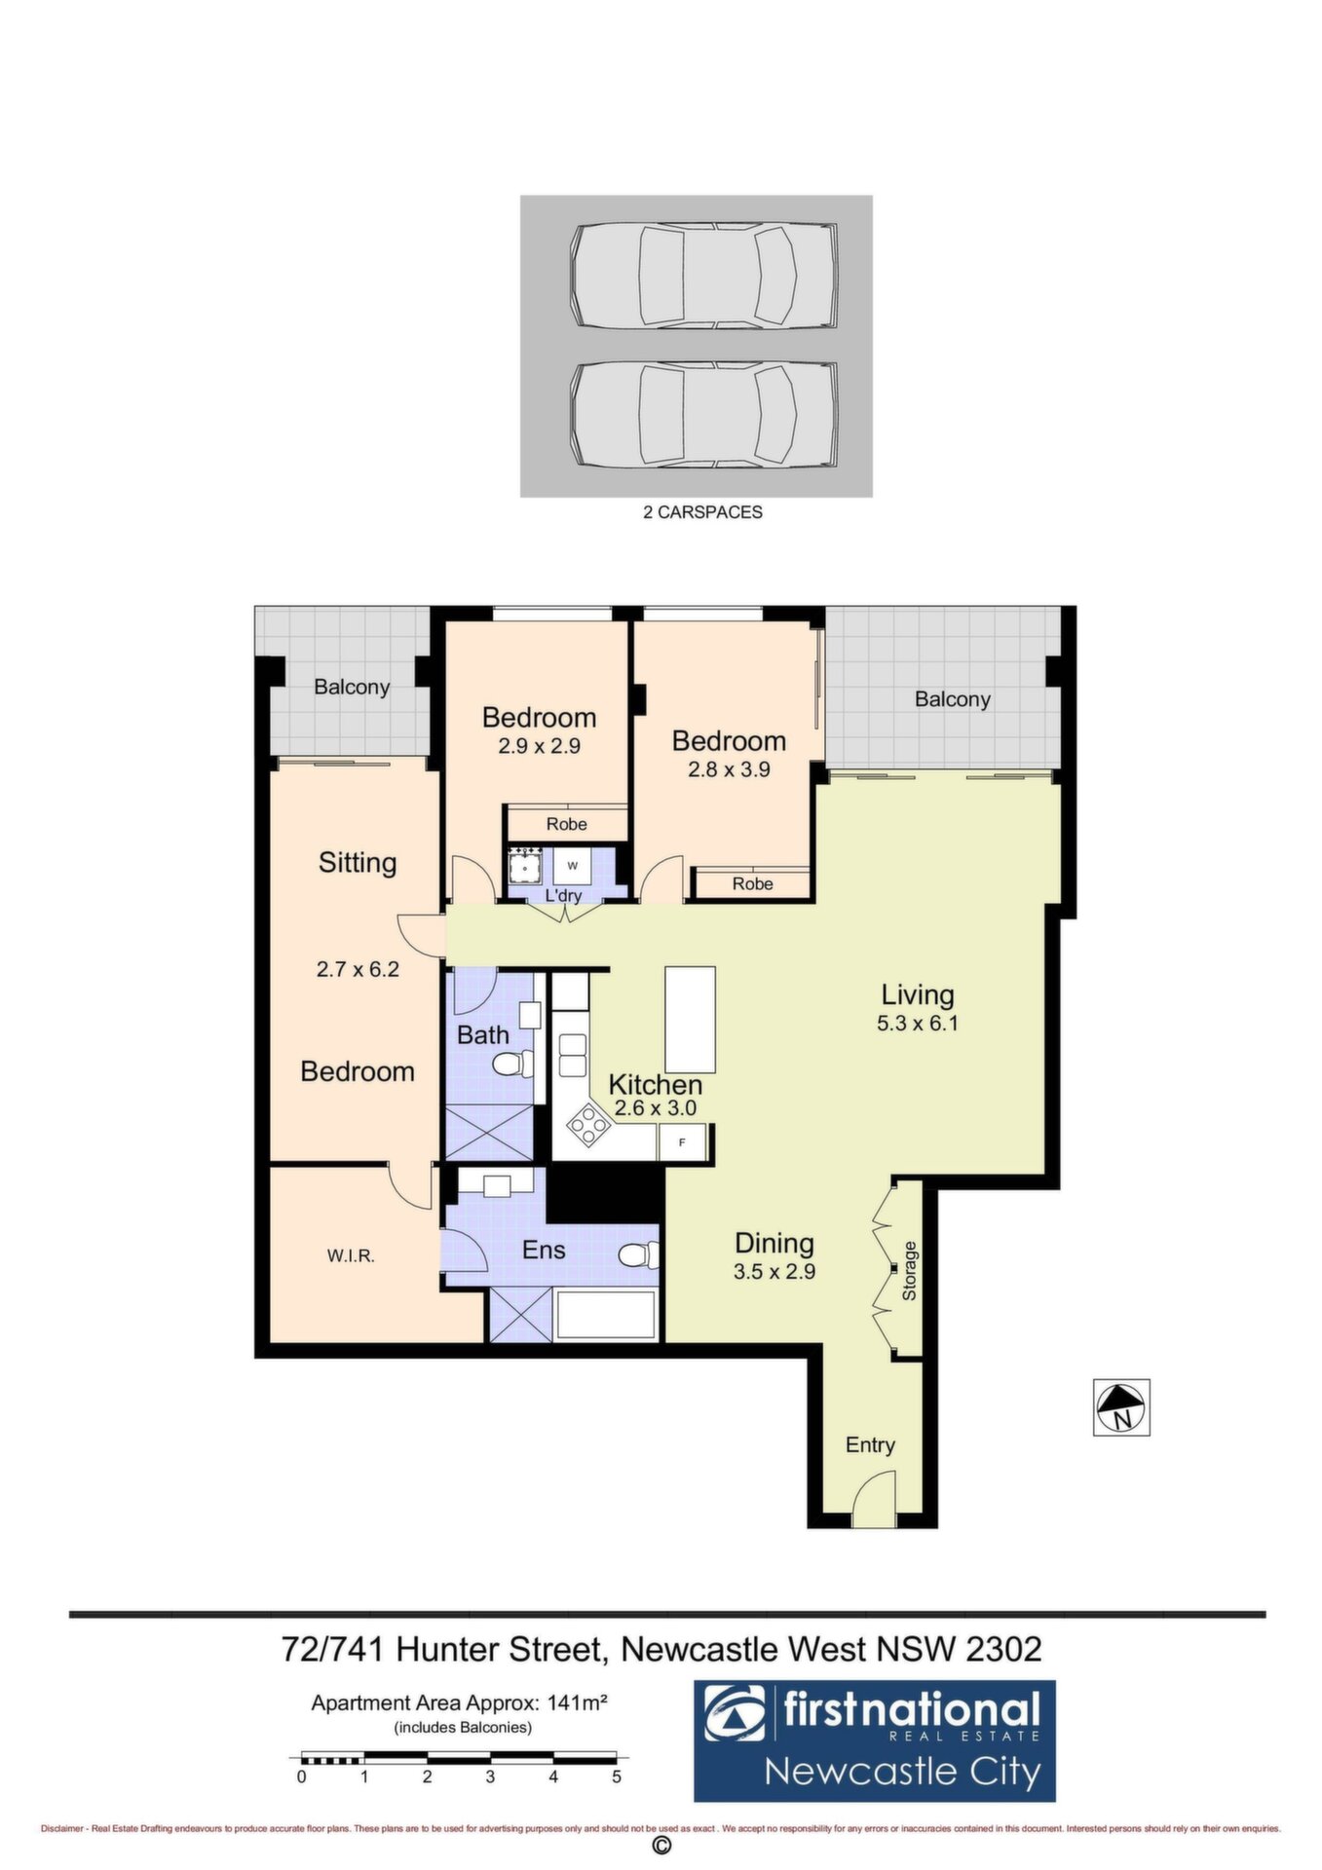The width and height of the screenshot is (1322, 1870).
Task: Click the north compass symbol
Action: point(1121,1407)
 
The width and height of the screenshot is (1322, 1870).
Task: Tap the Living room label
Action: point(918,994)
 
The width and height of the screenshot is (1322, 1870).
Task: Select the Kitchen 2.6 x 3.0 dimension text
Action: point(656,1108)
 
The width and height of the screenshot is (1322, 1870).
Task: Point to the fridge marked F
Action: point(683,1142)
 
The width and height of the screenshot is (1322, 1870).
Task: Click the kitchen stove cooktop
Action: point(588,1125)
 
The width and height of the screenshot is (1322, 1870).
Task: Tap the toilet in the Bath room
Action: point(513,1065)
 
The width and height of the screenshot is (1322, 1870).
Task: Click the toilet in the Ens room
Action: point(638,1255)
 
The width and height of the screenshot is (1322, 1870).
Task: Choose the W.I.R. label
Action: point(351,1256)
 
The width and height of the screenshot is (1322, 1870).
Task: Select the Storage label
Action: point(909,1271)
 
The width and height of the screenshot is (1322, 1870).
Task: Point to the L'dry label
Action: point(563,895)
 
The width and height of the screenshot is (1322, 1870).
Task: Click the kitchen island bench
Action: point(690,1019)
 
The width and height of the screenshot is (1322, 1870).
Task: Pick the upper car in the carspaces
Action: point(703,277)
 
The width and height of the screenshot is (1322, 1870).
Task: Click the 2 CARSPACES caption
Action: point(702,512)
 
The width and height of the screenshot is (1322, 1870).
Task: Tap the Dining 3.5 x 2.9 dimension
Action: point(774,1271)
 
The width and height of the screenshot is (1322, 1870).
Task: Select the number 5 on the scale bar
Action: point(617,1776)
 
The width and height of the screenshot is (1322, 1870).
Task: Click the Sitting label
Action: point(358,863)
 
